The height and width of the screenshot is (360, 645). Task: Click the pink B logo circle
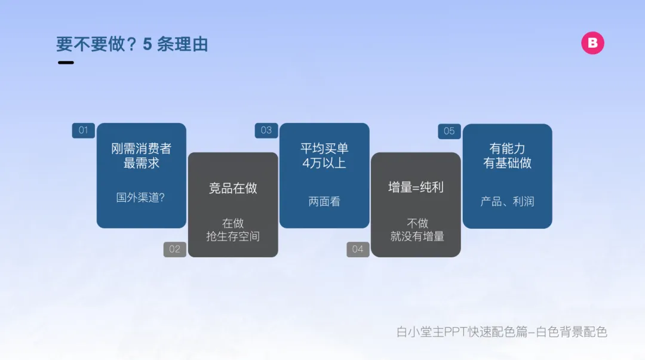pos(592,43)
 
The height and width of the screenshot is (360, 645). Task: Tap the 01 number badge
pos(84,130)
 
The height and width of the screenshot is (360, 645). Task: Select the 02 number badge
pos(175,250)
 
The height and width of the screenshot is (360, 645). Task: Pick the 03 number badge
pos(266,130)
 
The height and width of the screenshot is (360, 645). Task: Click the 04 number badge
pos(358,250)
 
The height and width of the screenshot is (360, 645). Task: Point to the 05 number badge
pos(449,131)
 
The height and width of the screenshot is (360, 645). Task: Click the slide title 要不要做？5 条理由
pos(132,44)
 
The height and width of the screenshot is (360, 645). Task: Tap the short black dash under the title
pos(66,63)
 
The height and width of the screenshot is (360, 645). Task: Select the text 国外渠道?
pos(141,198)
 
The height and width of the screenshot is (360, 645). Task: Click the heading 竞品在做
pos(233,188)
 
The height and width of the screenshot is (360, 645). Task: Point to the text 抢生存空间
pos(233,236)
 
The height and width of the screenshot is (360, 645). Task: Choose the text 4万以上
pos(324,163)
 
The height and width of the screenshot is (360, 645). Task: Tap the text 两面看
pos(324,202)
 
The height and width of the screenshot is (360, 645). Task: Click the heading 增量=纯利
pos(416,187)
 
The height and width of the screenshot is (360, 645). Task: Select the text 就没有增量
pos(417,236)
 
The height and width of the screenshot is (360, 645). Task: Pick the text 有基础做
pos(507,163)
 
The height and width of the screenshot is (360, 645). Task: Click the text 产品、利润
pos(507,202)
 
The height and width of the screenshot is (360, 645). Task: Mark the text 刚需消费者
pos(141,149)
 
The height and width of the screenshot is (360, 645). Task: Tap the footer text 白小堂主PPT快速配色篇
pos(462,331)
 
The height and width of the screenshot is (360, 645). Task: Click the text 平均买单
pos(324,149)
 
